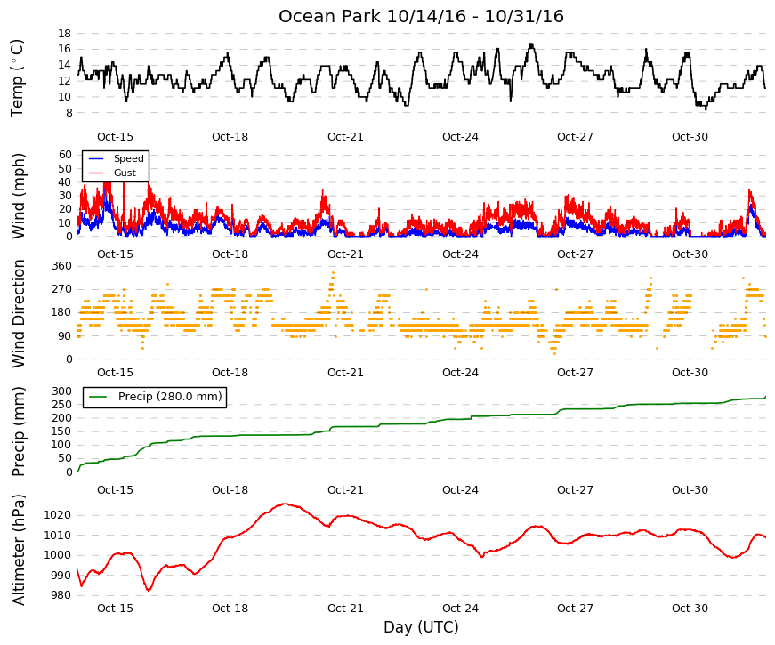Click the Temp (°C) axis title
pyautogui.click(x=17, y=78)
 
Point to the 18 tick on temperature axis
pyautogui.click(x=65, y=34)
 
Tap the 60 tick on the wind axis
pyautogui.click(x=65, y=155)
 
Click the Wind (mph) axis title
pyautogui.click(x=18, y=196)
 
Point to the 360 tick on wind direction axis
pyautogui.click(x=61, y=266)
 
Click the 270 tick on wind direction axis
pyautogui.click(x=61, y=289)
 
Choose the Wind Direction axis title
pyautogui.click(x=18, y=313)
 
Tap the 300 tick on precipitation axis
pyautogui.click(x=61, y=391)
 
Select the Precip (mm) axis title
pyautogui.click(x=18, y=431)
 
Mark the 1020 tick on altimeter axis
pyautogui.click(x=57, y=515)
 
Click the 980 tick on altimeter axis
pyautogui.click(x=61, y=595)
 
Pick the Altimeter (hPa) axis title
pyautogui.click(x=18, y=550)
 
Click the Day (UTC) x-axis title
pyautogui.click(x=421, y=627)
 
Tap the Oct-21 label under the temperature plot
pyautogui.click(x=345, y=137)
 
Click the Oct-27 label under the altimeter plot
pyautogui.click(x=575, y=609)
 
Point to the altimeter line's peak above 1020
pyautogui.click(x=285, y=504)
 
